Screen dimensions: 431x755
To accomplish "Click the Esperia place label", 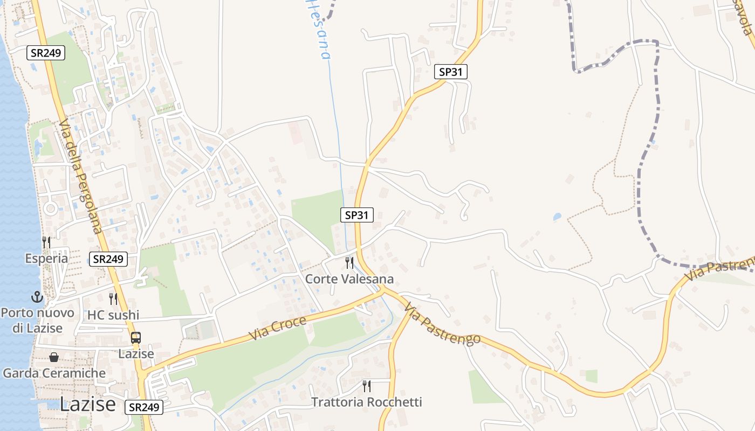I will point(46,259).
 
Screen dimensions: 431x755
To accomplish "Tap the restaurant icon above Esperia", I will point(46,242).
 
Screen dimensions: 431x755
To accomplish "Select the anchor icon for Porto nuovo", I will point(37,297).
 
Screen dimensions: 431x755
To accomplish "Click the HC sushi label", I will point(113,315).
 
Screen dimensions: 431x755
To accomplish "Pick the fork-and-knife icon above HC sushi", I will point(113,298).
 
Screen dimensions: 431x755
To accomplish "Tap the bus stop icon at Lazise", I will point(136,338).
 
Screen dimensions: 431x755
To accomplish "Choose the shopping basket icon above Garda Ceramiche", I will point(54,357).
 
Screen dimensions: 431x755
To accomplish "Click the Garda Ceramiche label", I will point(54,373).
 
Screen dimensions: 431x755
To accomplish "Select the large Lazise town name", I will point(87,404).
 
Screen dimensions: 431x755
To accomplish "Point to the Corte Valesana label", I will point(349,279).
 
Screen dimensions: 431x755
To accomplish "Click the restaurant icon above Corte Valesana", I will point(349,262).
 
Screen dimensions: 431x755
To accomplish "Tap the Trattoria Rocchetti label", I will point(367,402).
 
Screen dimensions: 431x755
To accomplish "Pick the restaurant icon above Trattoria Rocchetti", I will point(367,386).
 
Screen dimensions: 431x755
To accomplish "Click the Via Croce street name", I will point(277,329).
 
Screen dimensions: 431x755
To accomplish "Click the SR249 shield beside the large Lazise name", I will point(144,407).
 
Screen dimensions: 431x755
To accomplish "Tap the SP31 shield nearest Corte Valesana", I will point(357,215).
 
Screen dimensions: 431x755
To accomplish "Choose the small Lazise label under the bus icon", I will point(136,354).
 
